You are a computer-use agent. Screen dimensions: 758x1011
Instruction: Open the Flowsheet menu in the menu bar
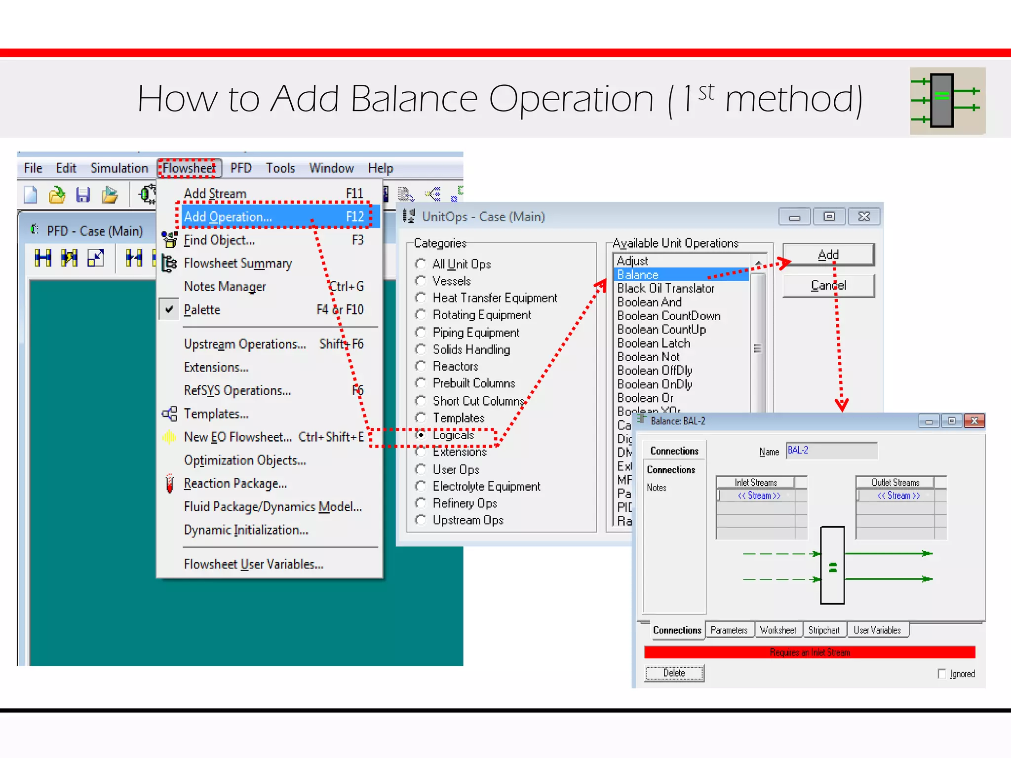pyautogui.click(x=190, y=168)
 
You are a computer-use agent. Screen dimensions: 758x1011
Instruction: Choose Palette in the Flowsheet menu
pyautogui.click(x=202, y=309)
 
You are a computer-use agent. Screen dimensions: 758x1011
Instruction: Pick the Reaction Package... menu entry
pyautogui.click(x=235, y=484)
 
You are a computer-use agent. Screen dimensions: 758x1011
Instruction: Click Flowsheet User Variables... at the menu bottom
pyautogui.click(x=254, y=564)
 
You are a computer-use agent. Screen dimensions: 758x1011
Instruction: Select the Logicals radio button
pyautogui.click(x=421, y=435)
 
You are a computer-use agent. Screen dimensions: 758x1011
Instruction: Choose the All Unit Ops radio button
pyautogui.click(x=421, y=264)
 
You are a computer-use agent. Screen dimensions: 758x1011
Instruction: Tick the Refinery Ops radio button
pyautogui.click(x=421, y=503)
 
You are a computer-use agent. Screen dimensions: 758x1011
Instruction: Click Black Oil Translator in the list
pyautogui.click(x=666, y=288)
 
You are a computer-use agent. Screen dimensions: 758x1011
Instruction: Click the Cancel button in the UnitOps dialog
pyautogui.click(x=828, y=286)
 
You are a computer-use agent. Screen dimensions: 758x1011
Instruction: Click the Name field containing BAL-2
pyautogui.click(x=831, y=451)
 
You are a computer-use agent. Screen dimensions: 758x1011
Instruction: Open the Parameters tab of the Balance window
pyautogui.click(x=729, y=630)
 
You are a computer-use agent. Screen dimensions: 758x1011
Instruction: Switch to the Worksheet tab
pyautogui.click(x=778, y=630)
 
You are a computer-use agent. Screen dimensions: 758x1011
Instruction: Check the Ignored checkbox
pyautogui.click(x=942, y=674)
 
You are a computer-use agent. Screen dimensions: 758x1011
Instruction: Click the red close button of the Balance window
pyautogui.click(x=974, y=421)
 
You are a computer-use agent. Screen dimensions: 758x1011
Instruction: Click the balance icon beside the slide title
pyautogui.click(x=947, y=101)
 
